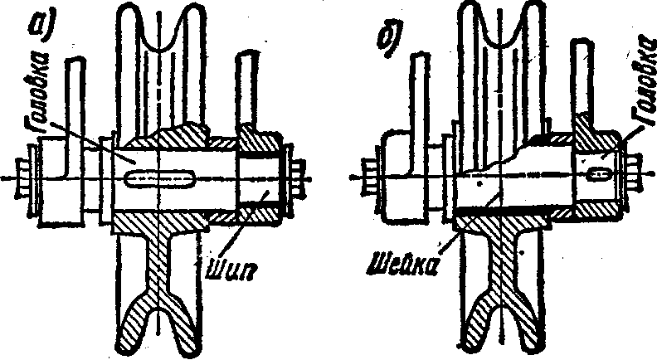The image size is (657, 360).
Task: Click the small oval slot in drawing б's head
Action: click(x=598, y=174)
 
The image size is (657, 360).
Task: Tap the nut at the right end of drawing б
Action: click(x=637, y=178)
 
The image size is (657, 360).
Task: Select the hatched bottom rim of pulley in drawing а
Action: click(x=158, y=328)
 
